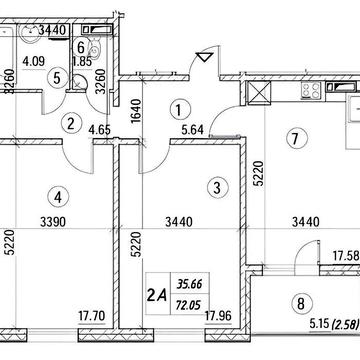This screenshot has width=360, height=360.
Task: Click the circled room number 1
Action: coord(180,110)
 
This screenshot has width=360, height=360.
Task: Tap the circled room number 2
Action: coord(71,124)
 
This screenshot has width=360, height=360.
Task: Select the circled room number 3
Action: coord(217,188)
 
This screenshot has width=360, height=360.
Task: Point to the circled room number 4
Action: coord(58,197)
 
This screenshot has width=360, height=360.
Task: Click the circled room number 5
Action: coord(57,79)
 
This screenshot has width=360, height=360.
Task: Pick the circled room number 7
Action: coord(296,139)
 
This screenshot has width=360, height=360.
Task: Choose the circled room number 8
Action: coord(301,303)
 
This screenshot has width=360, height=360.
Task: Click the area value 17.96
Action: coord(219,315)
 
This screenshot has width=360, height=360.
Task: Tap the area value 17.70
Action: coord(92,315)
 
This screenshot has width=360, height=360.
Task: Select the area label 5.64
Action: coord(193,129)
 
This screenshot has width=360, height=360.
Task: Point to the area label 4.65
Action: coord(100,129)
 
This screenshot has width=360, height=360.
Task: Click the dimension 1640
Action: coord(135,111)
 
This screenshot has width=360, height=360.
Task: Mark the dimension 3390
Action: coord(53,222)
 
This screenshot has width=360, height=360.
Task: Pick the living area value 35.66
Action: coord(190,284)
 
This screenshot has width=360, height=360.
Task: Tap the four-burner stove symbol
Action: coord(311,90)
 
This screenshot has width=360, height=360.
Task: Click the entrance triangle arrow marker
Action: coord(204,57)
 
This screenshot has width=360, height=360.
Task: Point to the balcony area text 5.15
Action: coord(319,324)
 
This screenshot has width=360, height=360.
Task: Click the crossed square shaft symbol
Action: coord(259,93)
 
